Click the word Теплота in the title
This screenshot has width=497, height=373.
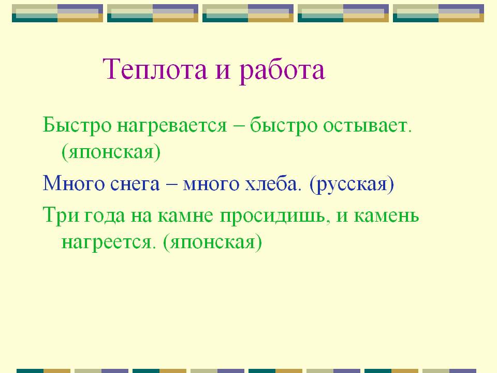point(155,69)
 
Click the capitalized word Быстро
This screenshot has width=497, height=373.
point(77,125)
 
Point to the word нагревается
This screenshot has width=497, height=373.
point(172,126)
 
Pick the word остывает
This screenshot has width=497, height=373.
point(367,126)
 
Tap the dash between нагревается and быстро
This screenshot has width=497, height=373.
point(238,126)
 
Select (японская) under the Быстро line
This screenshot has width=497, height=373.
point(111,152)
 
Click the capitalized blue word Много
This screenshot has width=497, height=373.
point(74,183)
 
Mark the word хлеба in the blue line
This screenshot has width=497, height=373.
point(273,183)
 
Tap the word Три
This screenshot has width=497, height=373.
point(61,216)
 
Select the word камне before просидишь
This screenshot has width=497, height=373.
point(185,216)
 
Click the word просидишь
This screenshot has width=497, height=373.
point(273,217)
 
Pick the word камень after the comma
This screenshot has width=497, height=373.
point(386,216)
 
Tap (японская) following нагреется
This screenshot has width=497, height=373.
point(213,242)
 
